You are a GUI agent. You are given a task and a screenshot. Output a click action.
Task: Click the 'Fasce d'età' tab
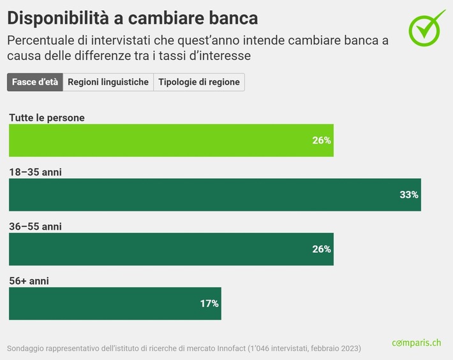coord(35,82)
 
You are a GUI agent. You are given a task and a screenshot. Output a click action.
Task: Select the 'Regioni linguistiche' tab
coord(108,82)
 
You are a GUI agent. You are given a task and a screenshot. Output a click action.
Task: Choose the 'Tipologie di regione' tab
coord(199,82)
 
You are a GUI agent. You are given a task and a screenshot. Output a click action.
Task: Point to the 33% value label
coord(408,195)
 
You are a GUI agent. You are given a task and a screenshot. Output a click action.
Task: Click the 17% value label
coord(209,304)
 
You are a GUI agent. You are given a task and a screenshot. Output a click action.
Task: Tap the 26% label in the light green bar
coord(321,140)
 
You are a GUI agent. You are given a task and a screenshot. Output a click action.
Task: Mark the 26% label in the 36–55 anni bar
coord(321,249)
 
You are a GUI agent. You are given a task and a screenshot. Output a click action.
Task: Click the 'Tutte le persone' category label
coord(47,117)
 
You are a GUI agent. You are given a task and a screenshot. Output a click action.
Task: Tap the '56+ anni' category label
coord(29,281)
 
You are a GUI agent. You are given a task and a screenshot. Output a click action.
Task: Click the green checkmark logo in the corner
coord(427,27)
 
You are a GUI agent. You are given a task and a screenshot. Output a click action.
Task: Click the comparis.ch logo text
coord(416,343)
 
